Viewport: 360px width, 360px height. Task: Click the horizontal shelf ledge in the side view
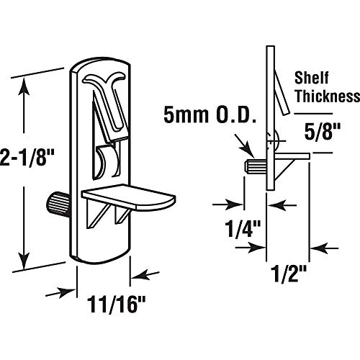click(x=292, y=154)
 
